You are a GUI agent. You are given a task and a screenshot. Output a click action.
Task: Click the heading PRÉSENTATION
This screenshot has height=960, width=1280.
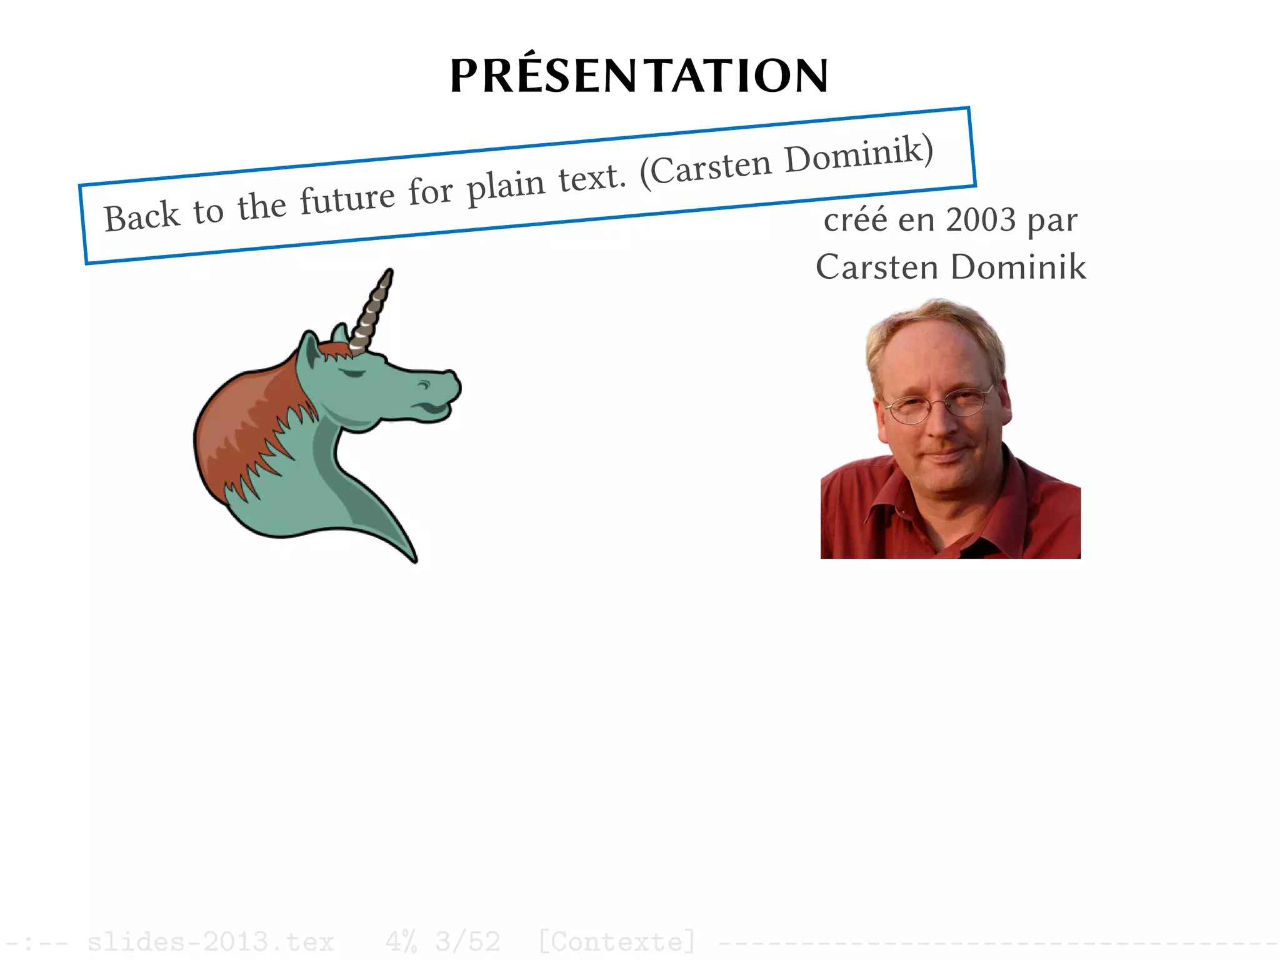[x=639, y=76]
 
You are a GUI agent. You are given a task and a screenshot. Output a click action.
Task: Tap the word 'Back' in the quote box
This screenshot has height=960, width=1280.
[x=141, y=216]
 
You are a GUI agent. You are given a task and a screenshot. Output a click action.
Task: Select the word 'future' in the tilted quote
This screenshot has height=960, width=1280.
[x=347, y=198]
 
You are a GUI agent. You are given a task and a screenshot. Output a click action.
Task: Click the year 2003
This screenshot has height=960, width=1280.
[x=981, y=220]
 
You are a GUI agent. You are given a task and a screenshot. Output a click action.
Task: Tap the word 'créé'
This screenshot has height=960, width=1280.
[x=855, y=220]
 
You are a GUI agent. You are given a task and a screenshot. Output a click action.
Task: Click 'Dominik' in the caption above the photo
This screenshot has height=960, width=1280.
[x=1018, y=267]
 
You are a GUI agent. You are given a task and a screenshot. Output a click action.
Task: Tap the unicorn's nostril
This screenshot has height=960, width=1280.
[x=424, y=384]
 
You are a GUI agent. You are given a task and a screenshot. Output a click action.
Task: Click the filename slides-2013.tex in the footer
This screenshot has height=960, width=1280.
[x=210, y=941]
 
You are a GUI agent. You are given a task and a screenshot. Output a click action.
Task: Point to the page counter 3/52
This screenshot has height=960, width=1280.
[x=467, y=941]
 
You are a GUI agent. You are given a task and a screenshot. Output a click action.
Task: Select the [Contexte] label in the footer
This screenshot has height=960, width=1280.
[x=616, y=941]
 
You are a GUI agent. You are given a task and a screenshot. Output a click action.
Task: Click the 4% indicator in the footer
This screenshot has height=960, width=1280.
[x=401, y=941]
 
